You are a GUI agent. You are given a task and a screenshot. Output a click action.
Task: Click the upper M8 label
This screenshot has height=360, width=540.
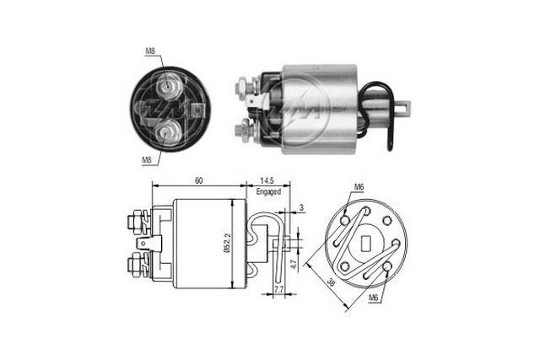coord(149,52)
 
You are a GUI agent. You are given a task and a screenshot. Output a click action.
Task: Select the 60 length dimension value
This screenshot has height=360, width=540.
coord(197,180)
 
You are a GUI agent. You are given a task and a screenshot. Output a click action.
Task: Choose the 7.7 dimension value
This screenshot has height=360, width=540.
coord(279,290)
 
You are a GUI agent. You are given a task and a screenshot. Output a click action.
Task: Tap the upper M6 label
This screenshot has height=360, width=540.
coord(358,187)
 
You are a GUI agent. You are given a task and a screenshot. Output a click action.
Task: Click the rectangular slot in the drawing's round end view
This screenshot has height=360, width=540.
coord(368,244)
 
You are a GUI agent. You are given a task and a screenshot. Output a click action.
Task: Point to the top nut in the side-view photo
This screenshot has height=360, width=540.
coord(242,84)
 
